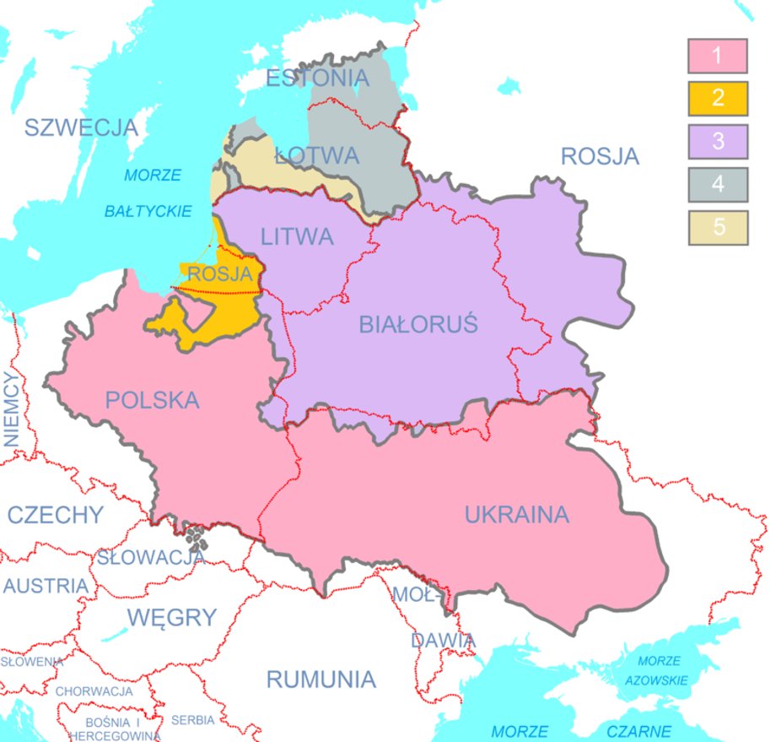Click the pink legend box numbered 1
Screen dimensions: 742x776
click(x=717, y=57)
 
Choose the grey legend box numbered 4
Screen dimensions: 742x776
click(x=717, y=184)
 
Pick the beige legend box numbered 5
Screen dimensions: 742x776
click(x=717, y=228)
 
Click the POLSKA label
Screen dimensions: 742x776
click(x=153, y=400)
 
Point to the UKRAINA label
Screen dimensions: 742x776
click(x=516, y=514)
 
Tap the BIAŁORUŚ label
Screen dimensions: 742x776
click(x=418, y=324)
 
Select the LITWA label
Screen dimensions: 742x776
click(x=297, y=237)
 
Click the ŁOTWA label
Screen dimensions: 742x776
click(x=317, y=156)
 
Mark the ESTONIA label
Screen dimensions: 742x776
click(x=317, y=79)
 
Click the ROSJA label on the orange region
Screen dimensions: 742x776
click(x=219, y=274)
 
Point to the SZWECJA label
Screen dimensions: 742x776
click(x=80, y=127)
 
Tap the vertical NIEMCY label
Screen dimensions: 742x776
click(x=11, y=409)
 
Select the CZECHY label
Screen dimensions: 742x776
click(x=56, y=514)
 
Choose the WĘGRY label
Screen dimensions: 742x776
click(x=172, y=617)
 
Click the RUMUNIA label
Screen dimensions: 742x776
click(x=321, y=679)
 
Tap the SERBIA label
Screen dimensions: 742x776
click(x=193, y=720)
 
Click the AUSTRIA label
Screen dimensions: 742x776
click(x=46, y=586)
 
